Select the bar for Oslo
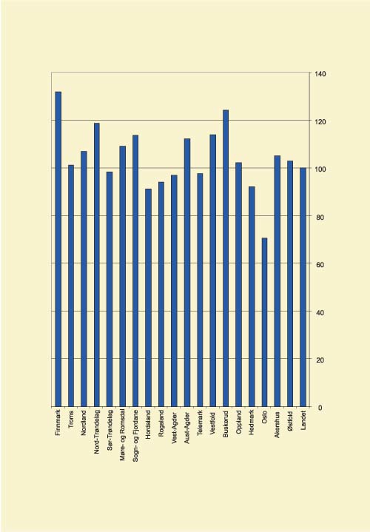[x=264, y=322]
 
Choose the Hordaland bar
[x=148, y=297]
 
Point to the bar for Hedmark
[x=252, y=296]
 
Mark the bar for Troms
[x=71, y=286]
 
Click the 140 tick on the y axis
[x=320, y=74]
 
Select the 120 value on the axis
[x=320, y=121]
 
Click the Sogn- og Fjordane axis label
[x=135, y=437]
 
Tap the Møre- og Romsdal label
[x=123, y=436]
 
